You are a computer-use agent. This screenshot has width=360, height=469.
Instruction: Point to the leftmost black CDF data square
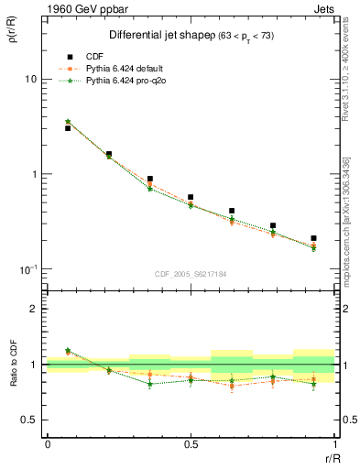pyautogui.click(x=68, y=128)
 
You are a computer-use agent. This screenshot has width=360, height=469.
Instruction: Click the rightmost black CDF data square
pyautogui.click(x=313, y=238)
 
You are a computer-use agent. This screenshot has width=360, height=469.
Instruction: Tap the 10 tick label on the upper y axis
pyautogui.click(x=30, y=80)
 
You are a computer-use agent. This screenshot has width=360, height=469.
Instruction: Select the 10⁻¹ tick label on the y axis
pyautogui.click(x=27, y=269)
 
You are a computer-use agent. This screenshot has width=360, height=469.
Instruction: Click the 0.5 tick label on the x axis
pyautogui.click(x=191, y=444)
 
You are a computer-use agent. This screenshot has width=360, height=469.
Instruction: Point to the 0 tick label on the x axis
pyautogui.click(x=48, y=444)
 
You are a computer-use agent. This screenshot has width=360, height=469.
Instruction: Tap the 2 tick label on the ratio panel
pyautogui.click(x=34, y=309)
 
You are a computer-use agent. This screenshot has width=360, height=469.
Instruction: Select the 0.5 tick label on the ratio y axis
pyautogui.click(x=29, y=420)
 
